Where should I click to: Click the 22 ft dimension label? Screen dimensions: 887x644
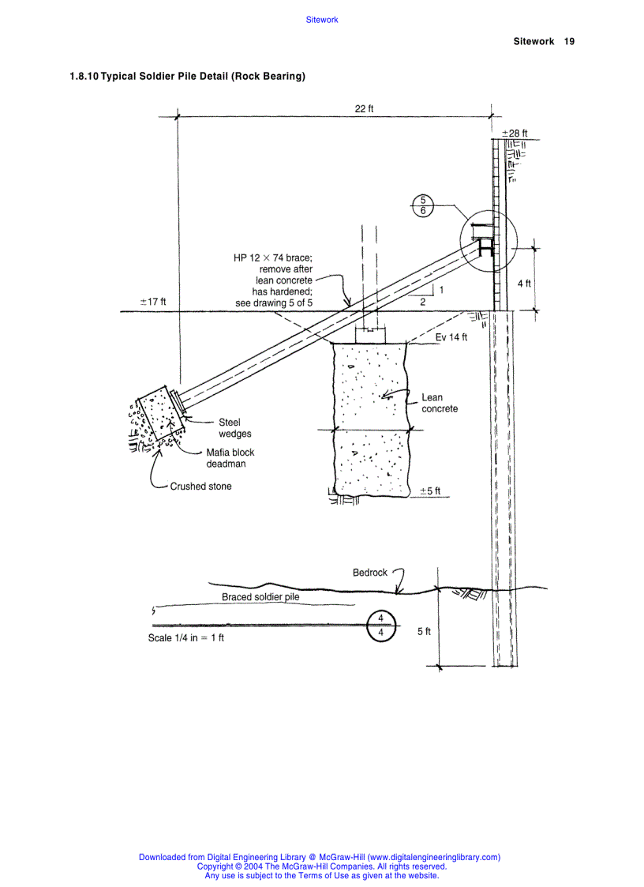pos(364,109)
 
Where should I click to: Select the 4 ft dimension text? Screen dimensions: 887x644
pos(524,284)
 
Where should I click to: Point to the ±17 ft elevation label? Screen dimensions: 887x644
pos(152,302)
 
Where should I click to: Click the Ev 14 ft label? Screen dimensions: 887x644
pos(451,337)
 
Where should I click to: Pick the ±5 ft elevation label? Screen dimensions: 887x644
pos(430,490)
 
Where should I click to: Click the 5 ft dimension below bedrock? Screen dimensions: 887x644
pos(424,631)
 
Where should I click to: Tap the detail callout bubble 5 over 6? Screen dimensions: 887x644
pos(423,205)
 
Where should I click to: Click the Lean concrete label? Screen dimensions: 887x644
pos(439,403)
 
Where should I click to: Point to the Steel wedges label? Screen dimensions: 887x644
pos(234,428)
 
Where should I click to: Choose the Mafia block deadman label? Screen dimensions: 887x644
pos(230,458)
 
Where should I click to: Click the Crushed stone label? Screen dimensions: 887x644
pos(200,487)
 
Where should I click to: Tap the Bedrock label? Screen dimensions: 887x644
pos(370,573)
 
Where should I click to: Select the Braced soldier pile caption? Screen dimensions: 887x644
pos(260,597)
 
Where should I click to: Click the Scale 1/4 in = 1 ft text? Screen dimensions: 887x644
pos(186,638)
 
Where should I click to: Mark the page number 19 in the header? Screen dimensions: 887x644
pos(569,41)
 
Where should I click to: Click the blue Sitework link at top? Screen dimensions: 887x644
pos(321,20)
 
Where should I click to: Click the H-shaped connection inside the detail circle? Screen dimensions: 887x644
pos(485,247)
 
